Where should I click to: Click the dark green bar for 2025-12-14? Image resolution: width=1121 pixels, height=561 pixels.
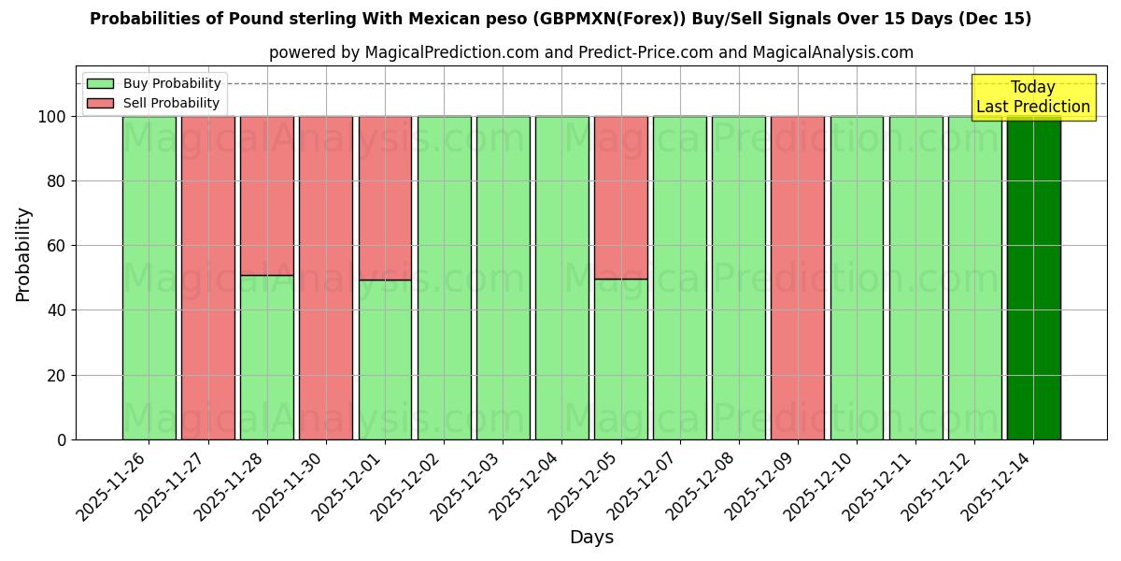tap(1033, 278)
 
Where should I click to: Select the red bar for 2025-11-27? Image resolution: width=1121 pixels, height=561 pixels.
tap(207, 278)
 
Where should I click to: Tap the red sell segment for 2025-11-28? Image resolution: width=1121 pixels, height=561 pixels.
tap(266, 195)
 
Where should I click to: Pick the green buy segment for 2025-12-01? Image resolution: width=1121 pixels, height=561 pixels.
tap(385, 359)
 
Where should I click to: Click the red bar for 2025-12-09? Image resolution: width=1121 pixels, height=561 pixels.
tap(798, 278)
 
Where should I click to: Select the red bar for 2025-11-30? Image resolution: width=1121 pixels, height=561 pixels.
tap(326, 278)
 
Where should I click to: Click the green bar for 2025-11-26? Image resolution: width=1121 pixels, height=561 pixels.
tap(149, 278)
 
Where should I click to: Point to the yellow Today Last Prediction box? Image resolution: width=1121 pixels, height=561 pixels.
tap(1032, 97)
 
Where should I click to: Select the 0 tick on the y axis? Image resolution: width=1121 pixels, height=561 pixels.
tap(62, 439)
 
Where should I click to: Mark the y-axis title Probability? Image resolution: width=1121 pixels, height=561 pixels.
tap(23, 253)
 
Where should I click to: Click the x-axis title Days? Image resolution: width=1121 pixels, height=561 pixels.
tap(591, 537)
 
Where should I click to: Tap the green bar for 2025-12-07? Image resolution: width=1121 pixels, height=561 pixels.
tap(679, 278)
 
